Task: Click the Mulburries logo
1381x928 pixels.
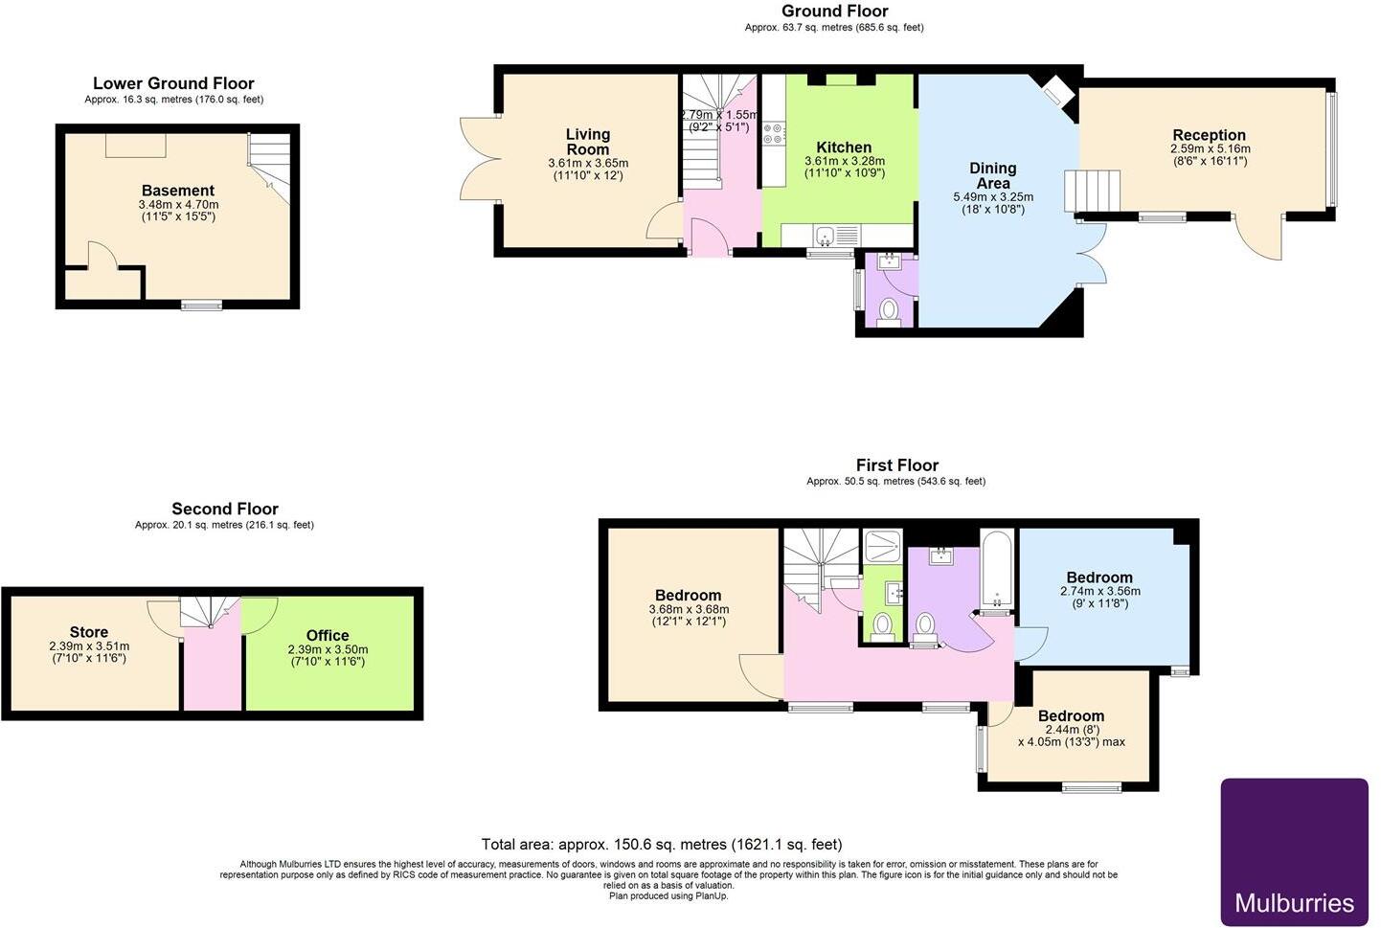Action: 1294,851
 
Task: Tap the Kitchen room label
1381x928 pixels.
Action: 844,147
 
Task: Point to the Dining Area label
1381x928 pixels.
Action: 992,175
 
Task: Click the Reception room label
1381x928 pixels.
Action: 1209,135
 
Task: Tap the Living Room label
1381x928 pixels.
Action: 588,142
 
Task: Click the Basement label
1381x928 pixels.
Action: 178,191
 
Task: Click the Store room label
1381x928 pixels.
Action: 89,632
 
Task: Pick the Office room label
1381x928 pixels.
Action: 328,635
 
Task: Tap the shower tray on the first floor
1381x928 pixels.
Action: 883,546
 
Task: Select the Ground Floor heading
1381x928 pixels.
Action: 835,11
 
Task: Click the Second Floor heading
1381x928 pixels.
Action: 225,509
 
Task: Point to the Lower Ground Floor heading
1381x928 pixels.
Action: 174,83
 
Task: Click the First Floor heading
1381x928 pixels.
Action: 897,464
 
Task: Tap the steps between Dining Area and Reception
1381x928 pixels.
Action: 1092,192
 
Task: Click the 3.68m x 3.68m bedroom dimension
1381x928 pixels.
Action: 689,609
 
